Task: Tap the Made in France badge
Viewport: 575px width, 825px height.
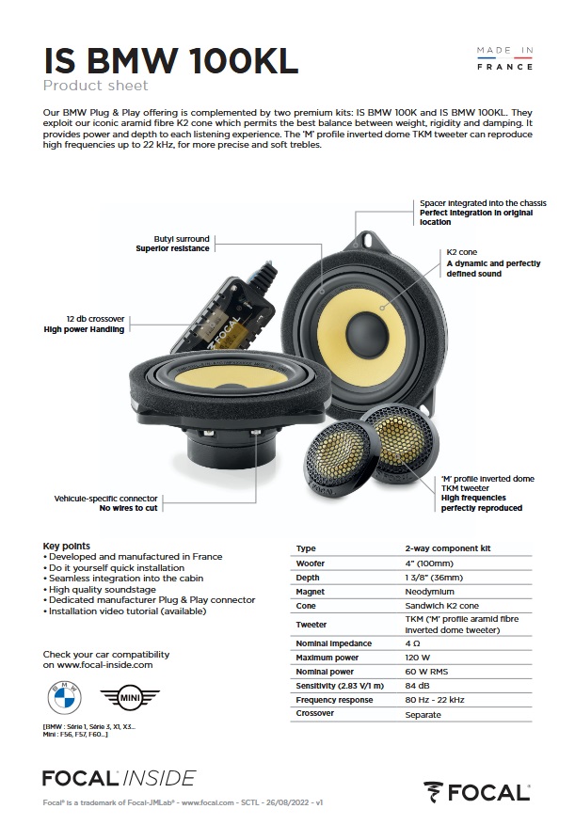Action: click(x=504, y=57)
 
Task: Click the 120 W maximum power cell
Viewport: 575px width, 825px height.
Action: click(x=419, y=657)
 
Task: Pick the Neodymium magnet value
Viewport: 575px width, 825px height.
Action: click(x=430, y=592)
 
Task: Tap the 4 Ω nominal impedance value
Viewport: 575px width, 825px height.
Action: click(x=414, y=643)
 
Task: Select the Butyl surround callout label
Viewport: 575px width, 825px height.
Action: click(x=173, y=244)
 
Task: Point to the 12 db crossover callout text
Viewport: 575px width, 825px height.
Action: click(x=85, y=325)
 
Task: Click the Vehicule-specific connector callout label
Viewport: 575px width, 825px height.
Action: click(x=105, y=502)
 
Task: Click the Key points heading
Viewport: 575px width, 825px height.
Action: click(x=67, y=546)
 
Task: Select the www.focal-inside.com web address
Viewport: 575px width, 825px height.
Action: click(x=98, y=664)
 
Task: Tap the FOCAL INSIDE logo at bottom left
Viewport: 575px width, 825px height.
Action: click(x=119, y=777)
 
